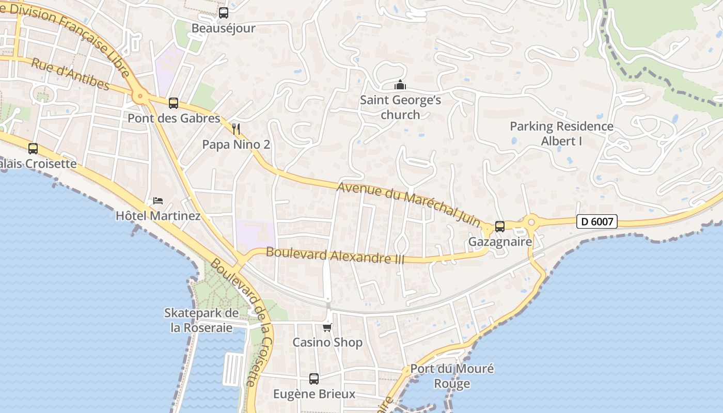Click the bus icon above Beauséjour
tap(224, 13)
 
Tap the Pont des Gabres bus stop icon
tap(174, 103)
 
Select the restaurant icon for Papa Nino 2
tap(236, 129)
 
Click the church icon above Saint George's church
tap(400, 85)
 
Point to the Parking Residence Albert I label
tap(561, 133)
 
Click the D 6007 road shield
tap(597, 222)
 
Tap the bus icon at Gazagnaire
tap(499, 226)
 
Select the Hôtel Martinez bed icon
tap(158, 200)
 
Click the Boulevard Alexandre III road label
tap(335, 256)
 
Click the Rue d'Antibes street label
tap(70, 75)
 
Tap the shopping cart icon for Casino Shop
tap(327, 327)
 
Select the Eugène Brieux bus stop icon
tap(313, 379)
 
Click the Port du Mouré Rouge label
tap(452, 376)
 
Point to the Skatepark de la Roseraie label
tap(201, 320)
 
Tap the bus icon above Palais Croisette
tap(33, 149)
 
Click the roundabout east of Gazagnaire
tap(530, 222)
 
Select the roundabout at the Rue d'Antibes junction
tap(139, 96)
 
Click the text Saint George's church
tap(400, 107)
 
